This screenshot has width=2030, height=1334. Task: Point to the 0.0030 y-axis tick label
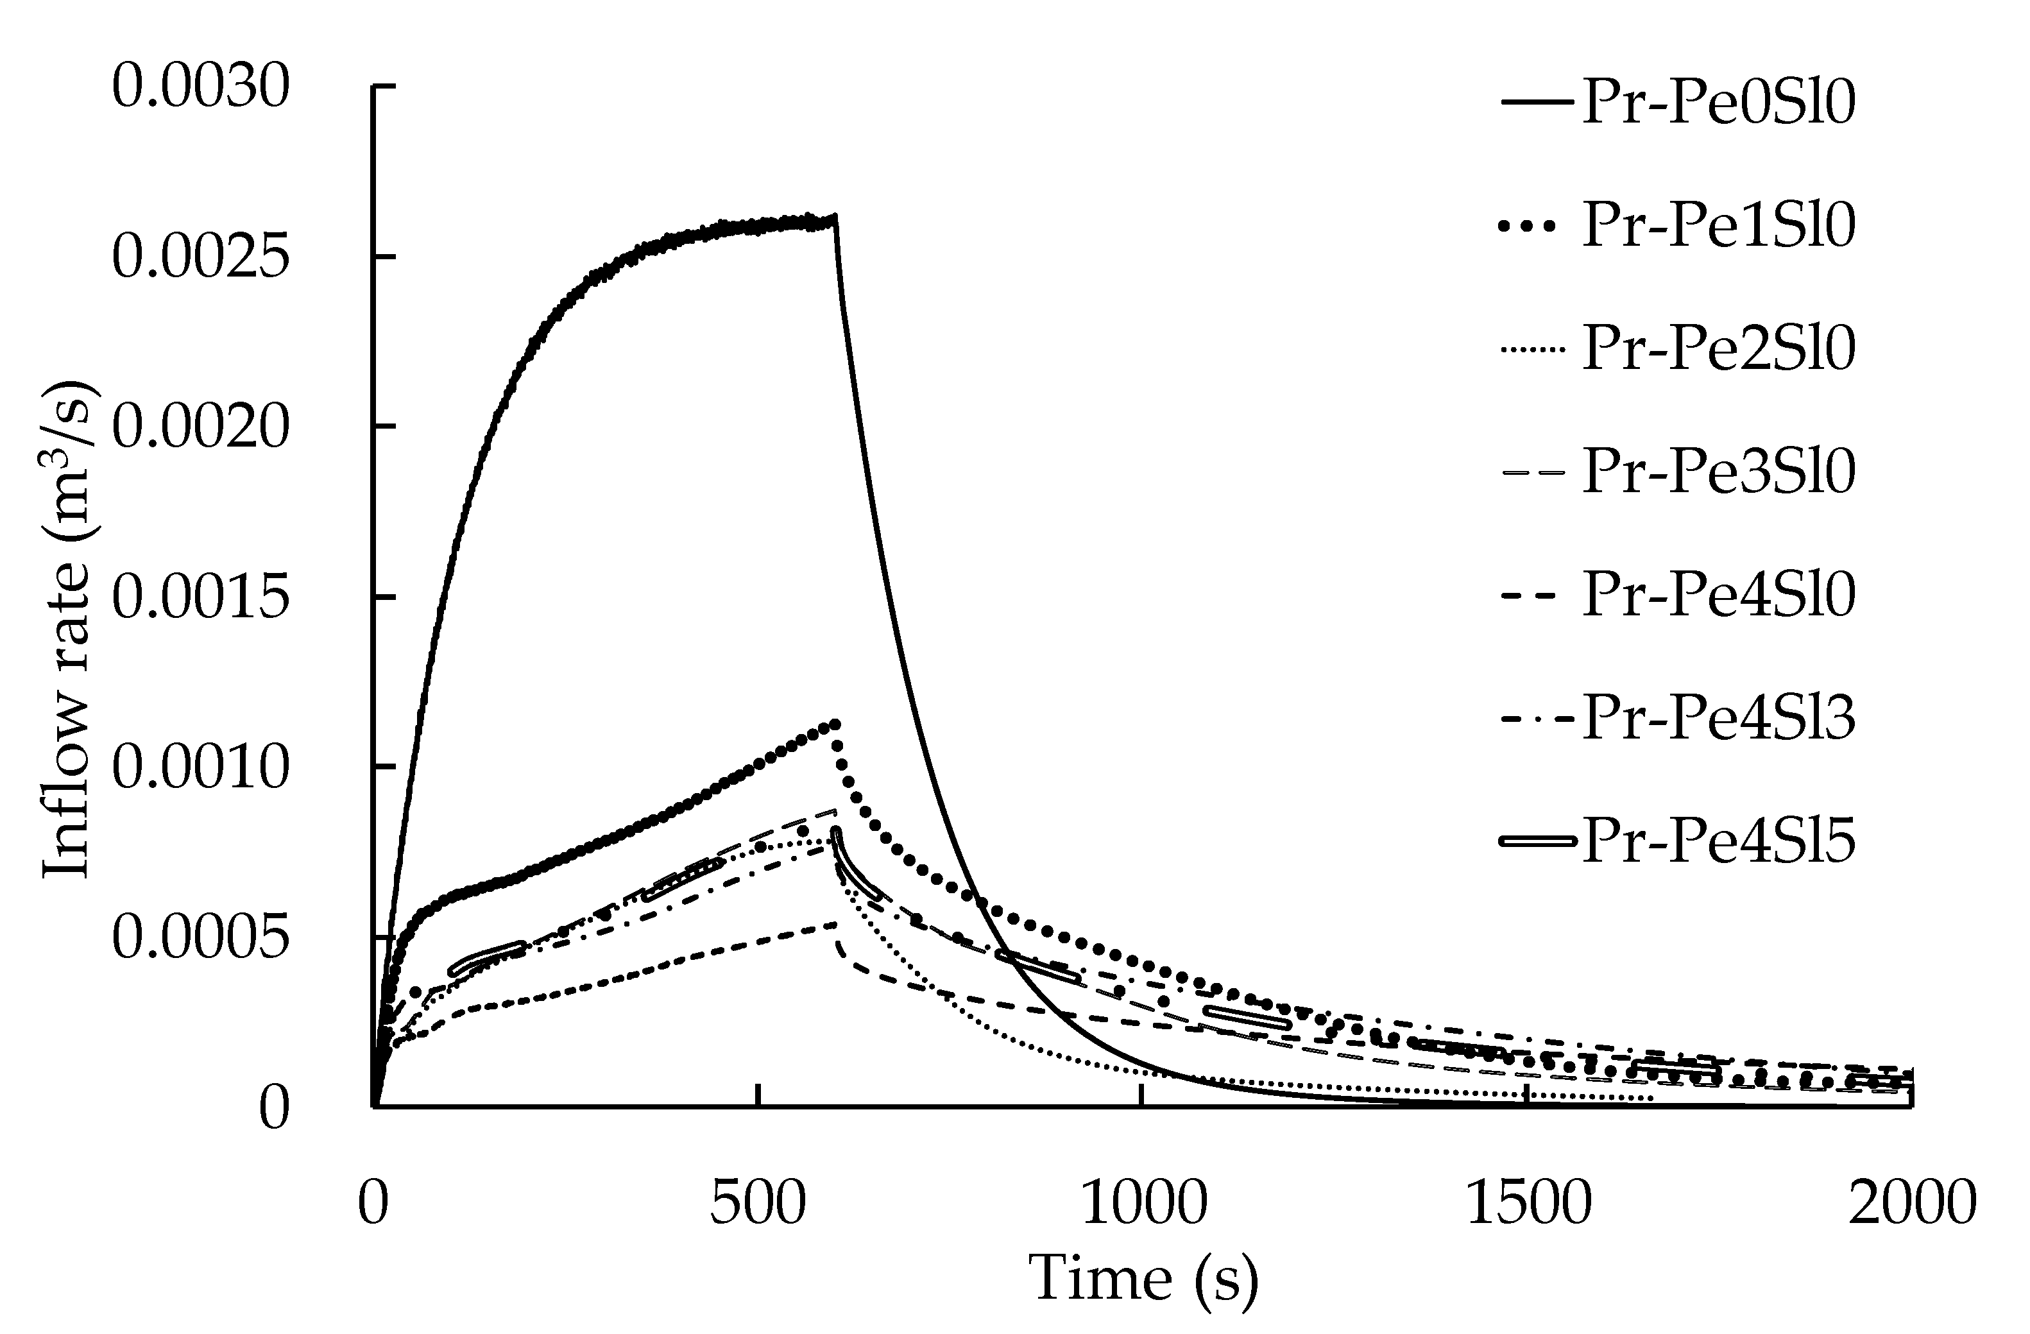pos(201,87)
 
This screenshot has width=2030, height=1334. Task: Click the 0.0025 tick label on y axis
pos(201,257)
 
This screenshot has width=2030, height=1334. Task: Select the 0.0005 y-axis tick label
pos(201,938)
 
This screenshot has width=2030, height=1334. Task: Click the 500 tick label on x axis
pos(758,1204)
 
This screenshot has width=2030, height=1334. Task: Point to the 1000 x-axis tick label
pos(1143,1204)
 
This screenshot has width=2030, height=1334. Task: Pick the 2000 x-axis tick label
pos(1911,1204)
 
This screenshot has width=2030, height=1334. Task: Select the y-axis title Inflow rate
pos(70,631)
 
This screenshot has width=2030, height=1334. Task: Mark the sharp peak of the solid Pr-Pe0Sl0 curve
pos(835,217)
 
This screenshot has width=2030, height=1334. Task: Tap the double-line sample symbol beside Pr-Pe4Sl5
pos(1536,842)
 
